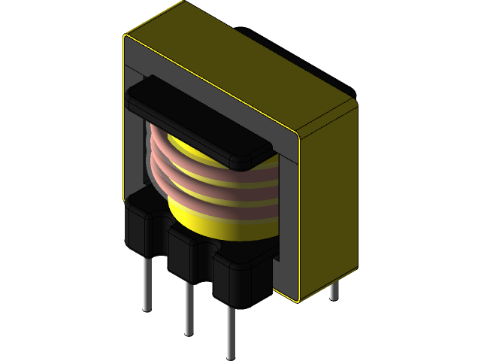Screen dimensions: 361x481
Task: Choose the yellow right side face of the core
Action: [x=327, y=203]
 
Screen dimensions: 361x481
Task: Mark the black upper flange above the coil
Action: [x=195, y=113]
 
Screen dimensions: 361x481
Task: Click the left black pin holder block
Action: [x=143, y=226]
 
